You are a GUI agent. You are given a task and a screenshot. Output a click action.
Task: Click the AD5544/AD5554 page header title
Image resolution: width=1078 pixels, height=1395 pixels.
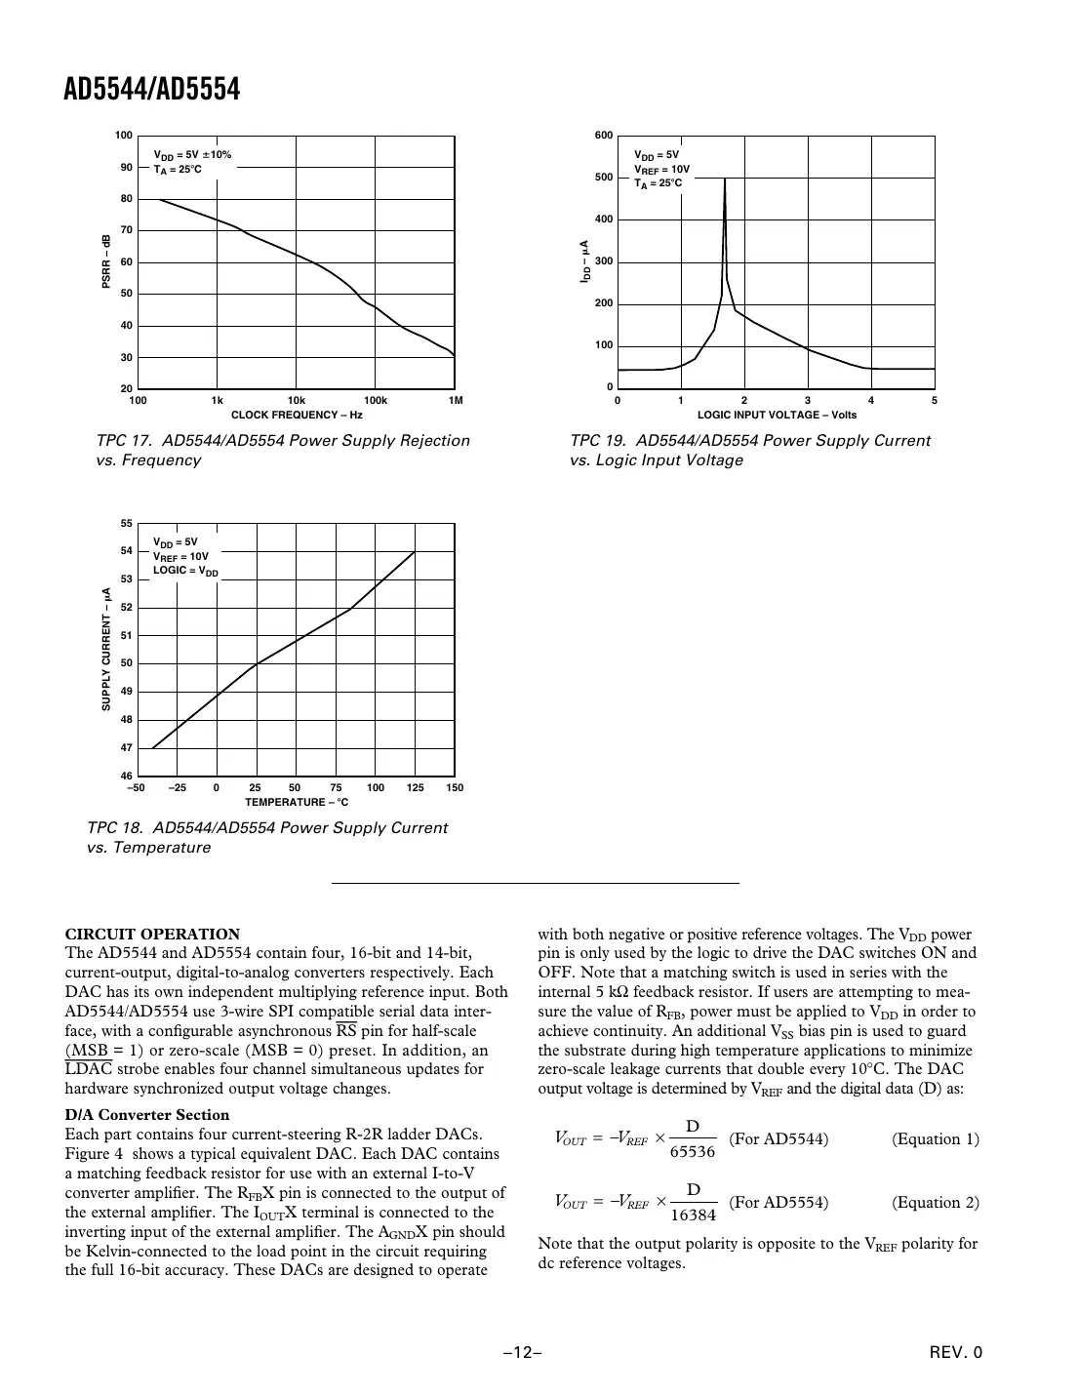[151, 90]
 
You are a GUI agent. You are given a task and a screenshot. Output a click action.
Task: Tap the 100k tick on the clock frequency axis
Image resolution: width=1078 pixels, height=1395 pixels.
[376, 401]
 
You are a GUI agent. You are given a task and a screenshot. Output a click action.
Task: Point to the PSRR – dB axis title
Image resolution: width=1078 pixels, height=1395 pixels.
[105, 261]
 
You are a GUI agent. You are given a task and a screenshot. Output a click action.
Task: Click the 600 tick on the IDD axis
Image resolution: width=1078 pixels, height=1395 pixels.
[604, 136]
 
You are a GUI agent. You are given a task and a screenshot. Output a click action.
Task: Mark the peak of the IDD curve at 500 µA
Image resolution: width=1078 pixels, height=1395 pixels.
[724, 179]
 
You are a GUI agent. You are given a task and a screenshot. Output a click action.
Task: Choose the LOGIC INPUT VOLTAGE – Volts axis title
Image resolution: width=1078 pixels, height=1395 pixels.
[777, 415]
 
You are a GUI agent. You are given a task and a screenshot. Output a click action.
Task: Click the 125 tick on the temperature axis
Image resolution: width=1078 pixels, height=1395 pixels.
[415, 788]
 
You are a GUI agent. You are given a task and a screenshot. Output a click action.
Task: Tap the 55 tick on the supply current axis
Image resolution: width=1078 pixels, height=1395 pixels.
[125, 524]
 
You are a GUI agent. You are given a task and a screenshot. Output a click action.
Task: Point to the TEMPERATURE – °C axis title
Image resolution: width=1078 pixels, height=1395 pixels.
[297, 803]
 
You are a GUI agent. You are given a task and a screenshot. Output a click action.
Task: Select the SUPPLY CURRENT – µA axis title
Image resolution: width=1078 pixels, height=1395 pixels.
[105, 649]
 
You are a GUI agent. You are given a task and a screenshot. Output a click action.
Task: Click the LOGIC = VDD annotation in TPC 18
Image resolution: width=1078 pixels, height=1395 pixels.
[185, 571]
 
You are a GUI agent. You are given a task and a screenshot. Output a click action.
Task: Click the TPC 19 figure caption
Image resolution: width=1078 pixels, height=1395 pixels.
[749, 450]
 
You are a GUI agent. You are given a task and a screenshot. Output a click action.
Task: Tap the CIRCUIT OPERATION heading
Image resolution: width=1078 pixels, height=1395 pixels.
[151, 934]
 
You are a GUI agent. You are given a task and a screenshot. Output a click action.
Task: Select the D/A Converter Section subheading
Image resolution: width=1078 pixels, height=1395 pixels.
[146, 1115]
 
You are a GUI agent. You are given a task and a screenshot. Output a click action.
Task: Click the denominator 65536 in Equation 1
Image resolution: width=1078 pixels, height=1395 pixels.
[693, 1151]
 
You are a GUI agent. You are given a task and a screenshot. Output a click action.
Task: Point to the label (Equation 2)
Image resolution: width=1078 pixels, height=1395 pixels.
[935, 1202]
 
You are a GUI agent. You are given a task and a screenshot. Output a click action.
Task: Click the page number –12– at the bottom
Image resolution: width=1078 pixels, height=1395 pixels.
[523, 1352]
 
